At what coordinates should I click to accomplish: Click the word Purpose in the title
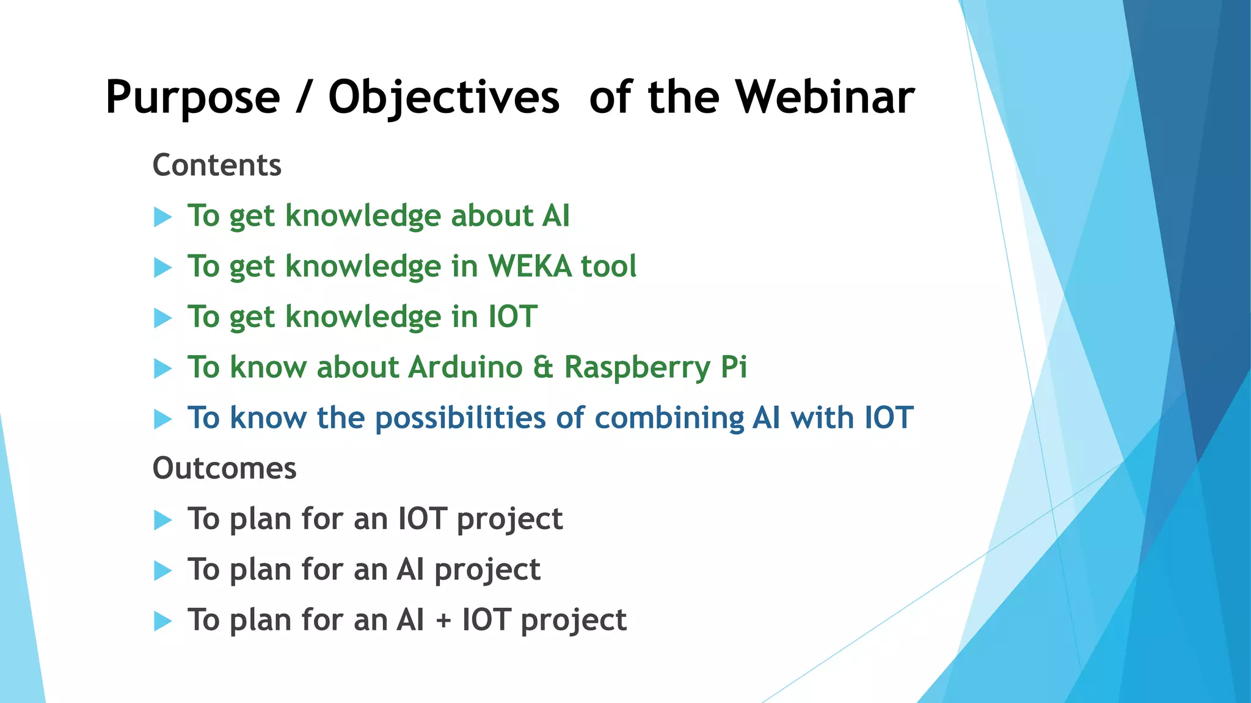coord(192,98)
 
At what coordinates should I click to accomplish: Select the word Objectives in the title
coord(443,98)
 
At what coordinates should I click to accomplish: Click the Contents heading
coord(217,165)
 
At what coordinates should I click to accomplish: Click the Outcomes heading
coord(224,468)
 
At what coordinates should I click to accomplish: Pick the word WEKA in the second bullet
coord(529,266)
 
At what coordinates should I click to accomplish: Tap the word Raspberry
coord(637,368)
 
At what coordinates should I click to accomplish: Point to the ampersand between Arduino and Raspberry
coord(542,367)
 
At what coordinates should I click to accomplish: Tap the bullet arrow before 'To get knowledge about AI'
coord(162,217)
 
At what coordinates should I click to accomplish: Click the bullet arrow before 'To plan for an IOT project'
coord(162,520)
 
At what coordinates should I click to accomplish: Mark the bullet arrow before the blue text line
coord(162,419)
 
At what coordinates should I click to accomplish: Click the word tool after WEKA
coord(608,266)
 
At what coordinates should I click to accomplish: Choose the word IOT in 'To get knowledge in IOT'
coord(512,317)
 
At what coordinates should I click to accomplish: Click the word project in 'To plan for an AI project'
coord(487,571)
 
